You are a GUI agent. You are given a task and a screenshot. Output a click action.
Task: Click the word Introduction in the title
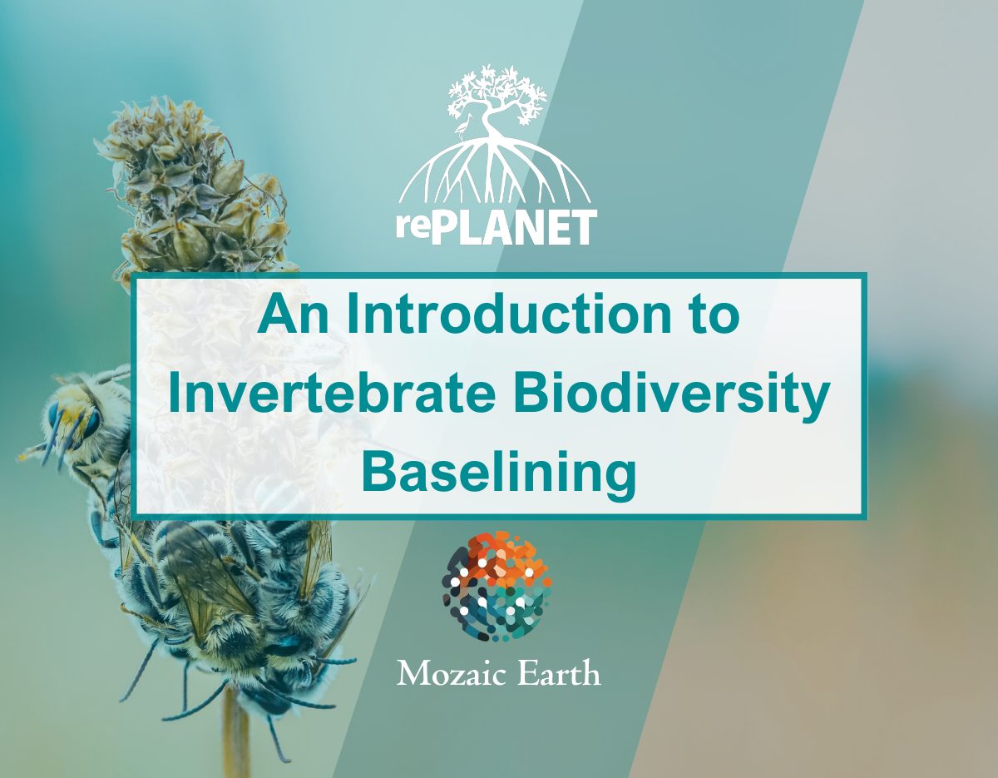tap(509, 315)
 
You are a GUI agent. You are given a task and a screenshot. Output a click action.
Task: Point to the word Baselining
tap(499, 478)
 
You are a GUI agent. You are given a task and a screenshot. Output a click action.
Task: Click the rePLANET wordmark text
tap(497, 228)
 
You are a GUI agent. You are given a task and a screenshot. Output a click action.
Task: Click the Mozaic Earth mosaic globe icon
tap(497, 587)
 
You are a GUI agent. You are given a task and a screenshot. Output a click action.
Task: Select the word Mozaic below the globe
tap(451, 674)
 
